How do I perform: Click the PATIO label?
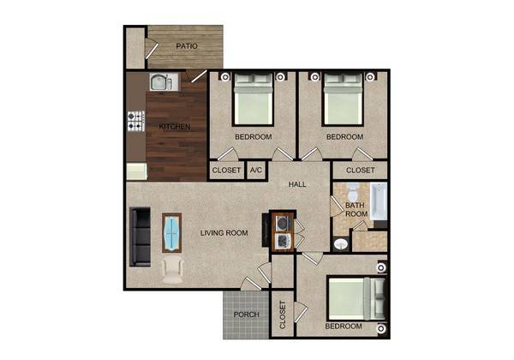[x=188, y=46]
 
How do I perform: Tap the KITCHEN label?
[x=175, y=128]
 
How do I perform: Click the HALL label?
[x=297, y=183]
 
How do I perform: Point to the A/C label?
[x=255, y=171]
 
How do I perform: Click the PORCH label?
[x=247, y=315]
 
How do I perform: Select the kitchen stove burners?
[x=135, y=121]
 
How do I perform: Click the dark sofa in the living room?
[x=139, y=236]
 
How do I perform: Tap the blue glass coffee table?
[x=172, y=232]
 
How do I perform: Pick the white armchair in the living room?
[x=172, y=271]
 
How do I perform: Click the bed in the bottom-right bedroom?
[x=350, y=299]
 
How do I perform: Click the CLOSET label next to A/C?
[x=226, y=171]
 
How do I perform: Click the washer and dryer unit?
[x=283, y=230]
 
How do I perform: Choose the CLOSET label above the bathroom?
[x=360, y=171]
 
